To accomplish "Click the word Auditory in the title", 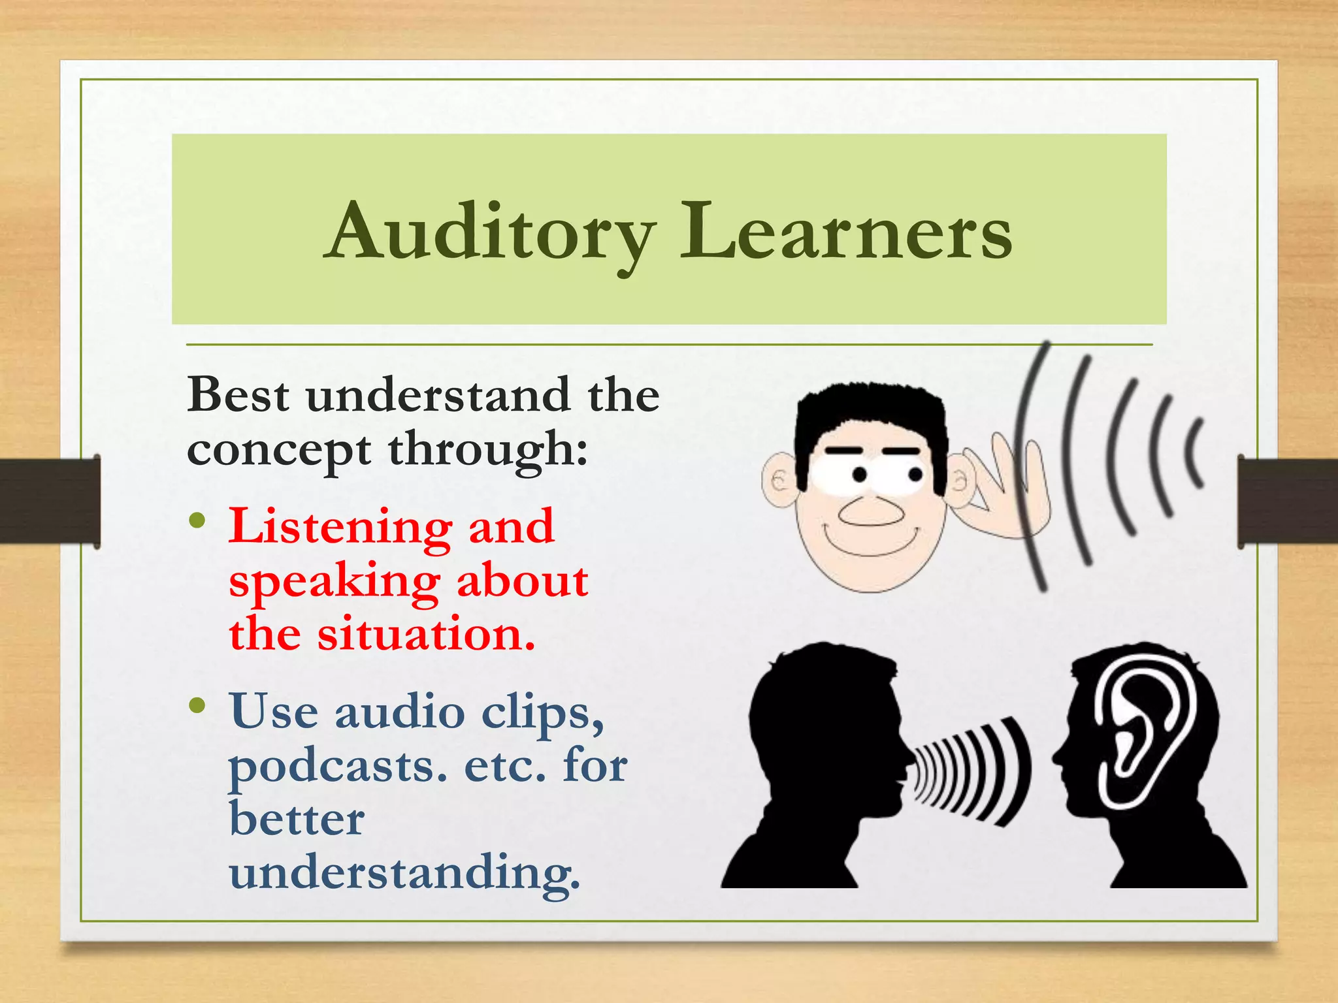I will pyautogui.click(x=491, y=234).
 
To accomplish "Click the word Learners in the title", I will pyautogui.click(x=846, y=234).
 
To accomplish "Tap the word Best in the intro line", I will pyautogui.click(x=238, y=396).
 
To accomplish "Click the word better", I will pyautogui.click(x=297, y=820).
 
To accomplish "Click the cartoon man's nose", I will pyautogui.click(x=871, y=511).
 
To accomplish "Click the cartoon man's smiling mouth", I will pyautogui.click(x=872, y=542).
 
